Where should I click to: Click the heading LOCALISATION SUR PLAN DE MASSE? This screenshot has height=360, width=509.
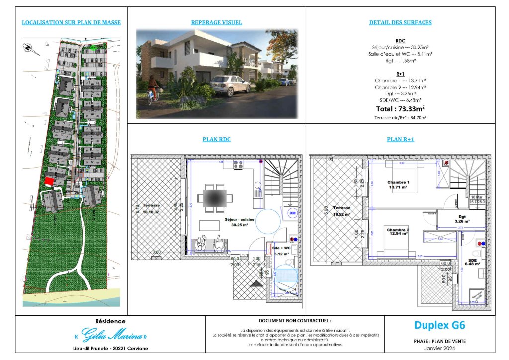point(72,23)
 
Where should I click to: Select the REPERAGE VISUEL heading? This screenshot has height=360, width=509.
point(216,23)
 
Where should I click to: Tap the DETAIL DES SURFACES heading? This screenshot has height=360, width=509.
point(400,23)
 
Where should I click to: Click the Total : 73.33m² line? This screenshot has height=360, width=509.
point(400,108)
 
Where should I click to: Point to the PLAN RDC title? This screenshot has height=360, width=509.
point(216,140)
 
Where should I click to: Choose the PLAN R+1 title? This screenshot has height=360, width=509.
point(400,140)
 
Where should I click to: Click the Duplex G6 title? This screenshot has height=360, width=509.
point(439,326)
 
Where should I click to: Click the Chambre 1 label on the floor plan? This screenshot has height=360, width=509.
point(398,185)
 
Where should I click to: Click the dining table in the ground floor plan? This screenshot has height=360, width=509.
point(215,198)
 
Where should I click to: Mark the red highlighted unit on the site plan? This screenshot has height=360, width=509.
point(49,182)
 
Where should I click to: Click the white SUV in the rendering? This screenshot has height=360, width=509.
point(230,85)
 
